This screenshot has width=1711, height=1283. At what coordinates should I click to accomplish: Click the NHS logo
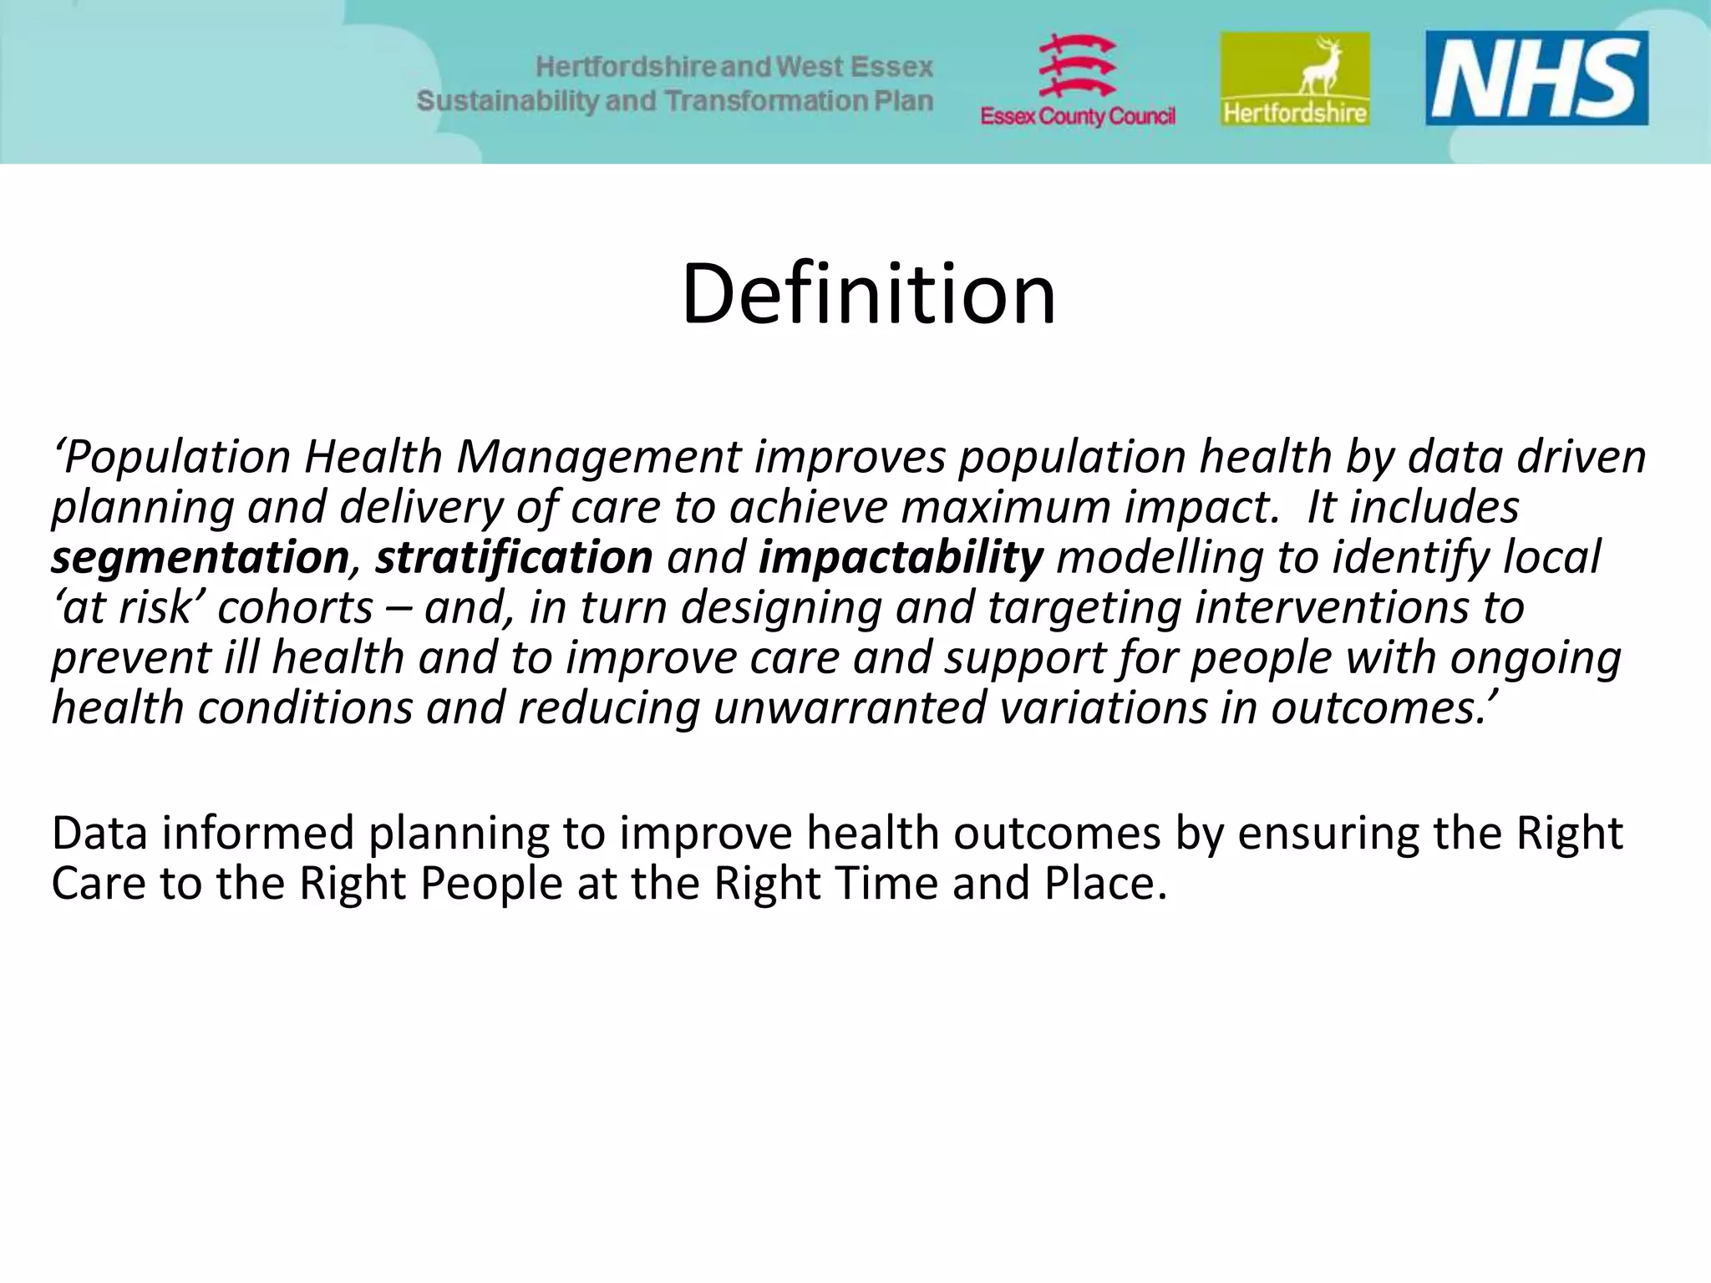(1536, 79)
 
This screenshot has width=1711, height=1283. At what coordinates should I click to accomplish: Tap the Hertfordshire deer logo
(1295, 79)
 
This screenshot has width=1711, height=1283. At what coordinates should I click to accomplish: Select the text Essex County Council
(1078, 116)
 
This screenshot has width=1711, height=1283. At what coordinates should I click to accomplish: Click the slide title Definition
(868, 294)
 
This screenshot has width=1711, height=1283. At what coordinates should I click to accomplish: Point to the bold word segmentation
(200, 557)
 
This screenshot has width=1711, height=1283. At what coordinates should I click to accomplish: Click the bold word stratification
(513, 557)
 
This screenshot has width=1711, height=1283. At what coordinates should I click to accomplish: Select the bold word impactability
(901, 557)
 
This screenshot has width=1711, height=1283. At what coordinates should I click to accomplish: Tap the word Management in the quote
(598, 457)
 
